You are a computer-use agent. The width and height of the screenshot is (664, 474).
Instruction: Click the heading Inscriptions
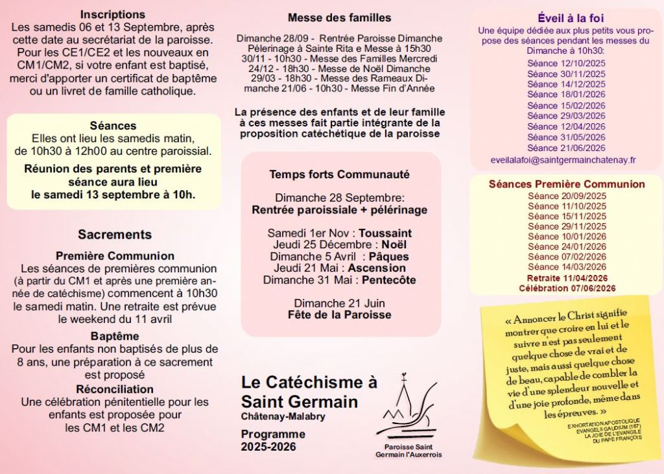[x=112, y=14]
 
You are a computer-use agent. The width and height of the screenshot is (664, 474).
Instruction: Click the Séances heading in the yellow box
[x=113, y=126]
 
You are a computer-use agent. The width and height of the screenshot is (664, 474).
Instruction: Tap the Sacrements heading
[x=115, y=235]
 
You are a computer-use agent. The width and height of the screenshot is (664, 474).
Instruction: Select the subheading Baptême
[x=115, y=337]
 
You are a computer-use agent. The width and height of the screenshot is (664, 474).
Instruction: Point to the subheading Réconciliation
[x=115, y=389]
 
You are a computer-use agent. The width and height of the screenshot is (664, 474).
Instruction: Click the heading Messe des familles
[x=339, y=18]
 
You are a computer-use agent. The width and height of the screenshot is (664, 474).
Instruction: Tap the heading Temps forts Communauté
[x=339, y=174]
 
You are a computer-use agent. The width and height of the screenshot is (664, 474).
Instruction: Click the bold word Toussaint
[x=385, y=233]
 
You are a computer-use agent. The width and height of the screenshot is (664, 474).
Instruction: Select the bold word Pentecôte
[x=380, y=280]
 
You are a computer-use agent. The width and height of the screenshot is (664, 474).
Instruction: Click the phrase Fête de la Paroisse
[x=339, y=315]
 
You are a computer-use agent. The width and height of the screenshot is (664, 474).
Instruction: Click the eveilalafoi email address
[x=563, y=160]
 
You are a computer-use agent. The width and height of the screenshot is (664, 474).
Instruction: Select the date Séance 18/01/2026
[x=566, y=95]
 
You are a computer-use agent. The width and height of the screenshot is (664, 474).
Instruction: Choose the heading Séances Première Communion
[x=567, y=185]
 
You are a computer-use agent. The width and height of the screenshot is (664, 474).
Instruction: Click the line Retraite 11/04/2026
[x=566, y=278]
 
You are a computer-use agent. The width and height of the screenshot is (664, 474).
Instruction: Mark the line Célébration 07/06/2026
[x=566, y=288]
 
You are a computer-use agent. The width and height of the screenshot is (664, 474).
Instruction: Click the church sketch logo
[x=408, y=410]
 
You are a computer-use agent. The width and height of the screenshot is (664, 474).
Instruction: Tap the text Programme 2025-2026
[x=268, y=440]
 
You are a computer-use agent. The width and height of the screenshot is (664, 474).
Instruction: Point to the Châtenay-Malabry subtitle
[x=283, y=416]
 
